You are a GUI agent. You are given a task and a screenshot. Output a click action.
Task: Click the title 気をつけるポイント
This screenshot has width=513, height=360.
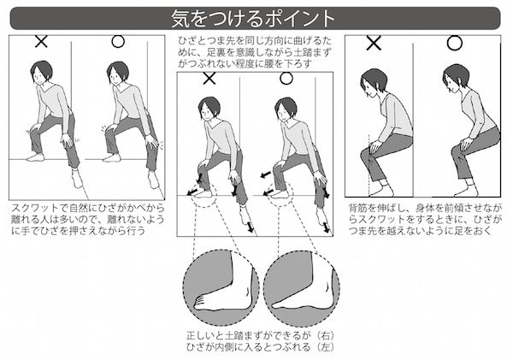pyautogui.click(x=253, y=18)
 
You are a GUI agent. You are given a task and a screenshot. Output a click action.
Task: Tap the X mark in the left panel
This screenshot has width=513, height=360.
pyautogui.click(x=41, y=42)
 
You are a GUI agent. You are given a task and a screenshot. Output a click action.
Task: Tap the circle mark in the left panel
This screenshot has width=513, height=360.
pyautogui.click(x=118, y=42)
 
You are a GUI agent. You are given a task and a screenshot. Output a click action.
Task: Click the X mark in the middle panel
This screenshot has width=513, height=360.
pyautogui.click(x=209, y=79)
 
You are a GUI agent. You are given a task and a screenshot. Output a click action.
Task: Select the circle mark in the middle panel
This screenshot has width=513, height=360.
pyautogui.click(x=286, y=79)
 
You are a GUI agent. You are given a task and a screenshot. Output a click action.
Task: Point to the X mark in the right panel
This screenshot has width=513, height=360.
pyautogui.click(x=374, y=43)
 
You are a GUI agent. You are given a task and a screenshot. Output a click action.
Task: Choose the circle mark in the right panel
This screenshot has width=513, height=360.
pyautogui.click(x=455, y=43)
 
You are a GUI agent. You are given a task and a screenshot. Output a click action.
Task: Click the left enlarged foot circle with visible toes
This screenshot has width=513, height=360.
pyautogui.click(x=221, y=288)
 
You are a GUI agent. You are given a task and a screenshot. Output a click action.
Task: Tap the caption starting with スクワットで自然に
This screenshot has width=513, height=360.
pyautogui.click(x=88, y=219)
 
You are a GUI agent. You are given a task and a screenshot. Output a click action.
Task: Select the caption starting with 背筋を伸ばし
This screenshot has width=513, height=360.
pyautogui.click(x=425, y=219)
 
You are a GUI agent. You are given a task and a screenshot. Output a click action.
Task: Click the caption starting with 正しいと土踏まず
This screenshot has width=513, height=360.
pyautogui.click(x=261, y=341)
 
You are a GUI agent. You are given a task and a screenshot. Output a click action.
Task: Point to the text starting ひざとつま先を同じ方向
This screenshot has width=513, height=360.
pyautogui.click(x=255, y=52)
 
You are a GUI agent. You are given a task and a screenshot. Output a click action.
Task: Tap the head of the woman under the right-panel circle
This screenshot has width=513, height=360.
pyautogui.click(x=455, y=79)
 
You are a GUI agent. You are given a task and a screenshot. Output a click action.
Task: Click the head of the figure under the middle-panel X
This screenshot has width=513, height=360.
pyautogui.click(x=209, y=109)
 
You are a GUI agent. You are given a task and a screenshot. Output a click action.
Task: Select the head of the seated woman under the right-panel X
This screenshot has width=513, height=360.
pyautogui.click(x=373, y=82)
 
